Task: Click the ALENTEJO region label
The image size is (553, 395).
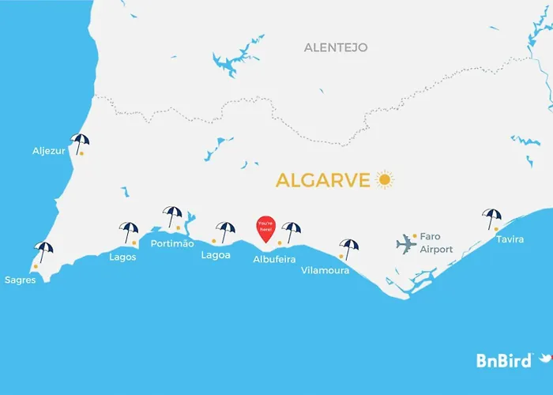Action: pyautogui.click(x=336, y=48)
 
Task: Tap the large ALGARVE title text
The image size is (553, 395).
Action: pyautogui.click(x=322, y=180)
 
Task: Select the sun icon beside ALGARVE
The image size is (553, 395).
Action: pyautogui.click(x=385, y=179)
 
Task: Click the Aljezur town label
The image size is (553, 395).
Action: pyautogui.click(x=49, y=150)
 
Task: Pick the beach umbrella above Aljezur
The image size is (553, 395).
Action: pyautogui.click(x=80, y=142)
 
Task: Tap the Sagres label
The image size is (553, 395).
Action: pyautogui.click(x=20, y=280)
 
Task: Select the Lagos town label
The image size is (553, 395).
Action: pyautogui.click(x=123, y=257)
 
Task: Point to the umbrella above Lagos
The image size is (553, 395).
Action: pyautogui.click(x=129, y=231)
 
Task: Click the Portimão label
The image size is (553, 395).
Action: pyautogui.click(x=172, y=243)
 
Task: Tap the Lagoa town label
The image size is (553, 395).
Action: pyautogui.click(x=216, y=255)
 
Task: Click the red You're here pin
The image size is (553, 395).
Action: pyautogui.click(x=266, y=228)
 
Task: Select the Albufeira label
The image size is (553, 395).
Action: pyautogui.click(x=275, y=258)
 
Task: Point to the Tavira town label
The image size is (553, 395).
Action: pyautogui.click(x=510, y=239)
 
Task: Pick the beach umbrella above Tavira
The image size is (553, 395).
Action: pyautogui.click(x=492, y=217)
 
